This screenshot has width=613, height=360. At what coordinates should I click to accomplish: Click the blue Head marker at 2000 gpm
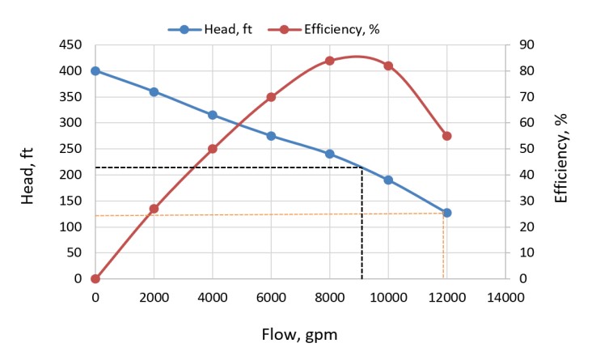154,91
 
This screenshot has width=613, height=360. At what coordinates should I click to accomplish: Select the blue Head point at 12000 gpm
446,213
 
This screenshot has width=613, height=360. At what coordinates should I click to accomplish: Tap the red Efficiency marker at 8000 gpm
329,61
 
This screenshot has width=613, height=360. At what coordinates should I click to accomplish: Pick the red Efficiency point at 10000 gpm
388,66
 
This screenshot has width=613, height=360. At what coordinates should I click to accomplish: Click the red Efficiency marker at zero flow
95,278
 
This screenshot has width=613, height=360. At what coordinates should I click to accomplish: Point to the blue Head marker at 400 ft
95,70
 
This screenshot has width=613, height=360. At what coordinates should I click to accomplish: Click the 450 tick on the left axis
71,45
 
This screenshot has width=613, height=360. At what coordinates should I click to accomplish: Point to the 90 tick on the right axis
526,45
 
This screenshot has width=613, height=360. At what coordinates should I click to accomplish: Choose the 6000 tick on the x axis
271,297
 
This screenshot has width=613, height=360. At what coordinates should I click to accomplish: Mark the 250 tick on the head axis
71,149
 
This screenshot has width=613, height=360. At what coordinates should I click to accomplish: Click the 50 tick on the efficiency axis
526,149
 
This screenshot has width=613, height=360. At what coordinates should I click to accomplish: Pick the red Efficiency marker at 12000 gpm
446,136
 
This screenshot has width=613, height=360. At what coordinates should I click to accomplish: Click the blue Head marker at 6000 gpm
271,136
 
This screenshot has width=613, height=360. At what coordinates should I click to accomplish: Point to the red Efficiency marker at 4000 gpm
213,149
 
